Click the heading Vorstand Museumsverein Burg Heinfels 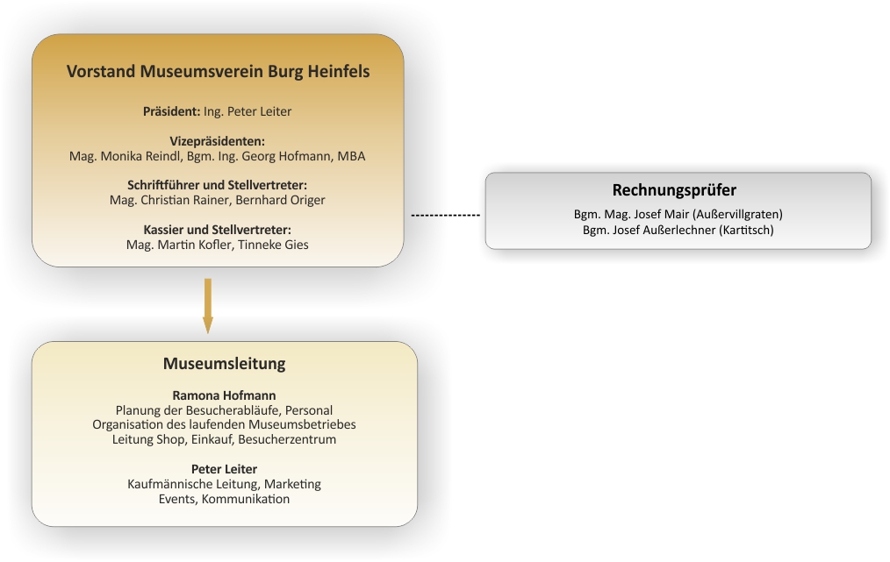[x=218, y=71]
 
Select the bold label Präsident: [x=171, y=111]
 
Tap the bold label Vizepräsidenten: [x=218, y=141]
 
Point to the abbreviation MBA [x=351, y=156]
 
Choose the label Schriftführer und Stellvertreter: [x=218, y=185]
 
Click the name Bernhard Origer [x=280, y=200]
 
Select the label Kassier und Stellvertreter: [x=218, y=230]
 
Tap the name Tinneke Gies [x=273, y=245]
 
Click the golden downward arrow [x=208, y=306]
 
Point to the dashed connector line [x=446, y=216]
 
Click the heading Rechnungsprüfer [x=674, y=190]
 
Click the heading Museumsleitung [x=224, y=364]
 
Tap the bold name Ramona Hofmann [x=224, y=395]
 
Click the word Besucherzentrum [x=287, y=439]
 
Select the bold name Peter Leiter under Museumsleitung [x=224, y=469]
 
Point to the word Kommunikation [x=246, y=499]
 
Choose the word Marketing [x=292, y=484]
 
